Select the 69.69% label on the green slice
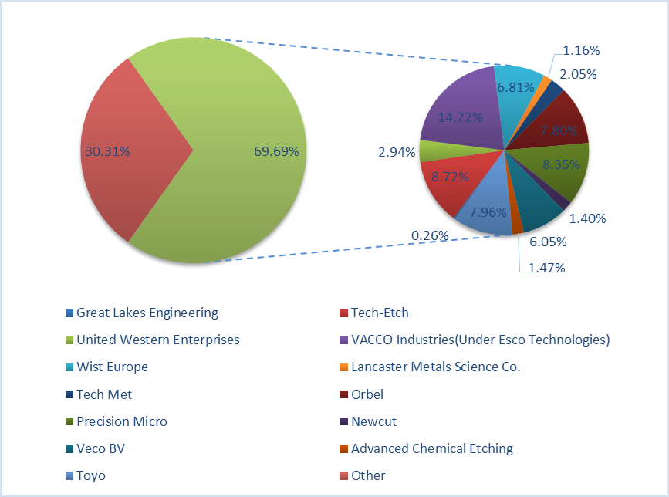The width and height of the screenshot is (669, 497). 276,151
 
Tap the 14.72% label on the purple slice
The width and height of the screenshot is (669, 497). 460,117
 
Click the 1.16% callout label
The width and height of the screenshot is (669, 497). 581,50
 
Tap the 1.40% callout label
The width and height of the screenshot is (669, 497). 587,218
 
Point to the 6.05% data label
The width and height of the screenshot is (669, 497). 548,242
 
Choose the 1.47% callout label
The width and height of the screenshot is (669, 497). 546,269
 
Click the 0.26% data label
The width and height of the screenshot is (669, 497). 430,235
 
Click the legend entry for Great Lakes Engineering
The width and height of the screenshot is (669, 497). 147,313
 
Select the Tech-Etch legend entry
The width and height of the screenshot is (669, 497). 380,313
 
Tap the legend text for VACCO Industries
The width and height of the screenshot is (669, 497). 480,340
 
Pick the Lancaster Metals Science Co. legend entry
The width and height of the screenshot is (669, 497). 435,367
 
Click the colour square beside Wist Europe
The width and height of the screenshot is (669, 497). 70,367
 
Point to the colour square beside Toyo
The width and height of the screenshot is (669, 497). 70,476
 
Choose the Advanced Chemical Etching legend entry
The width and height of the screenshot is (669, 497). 431,448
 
